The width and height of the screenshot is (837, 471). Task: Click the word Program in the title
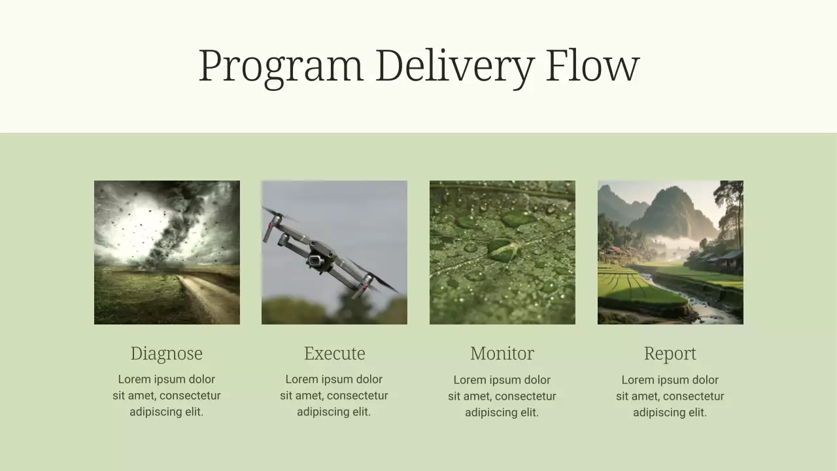pyautogui.click(x=280, y=66)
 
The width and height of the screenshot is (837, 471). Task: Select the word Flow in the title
pyautogui.click(x=592, y=66)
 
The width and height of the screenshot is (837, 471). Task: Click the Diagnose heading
pyautogui.click(x=166, y=353)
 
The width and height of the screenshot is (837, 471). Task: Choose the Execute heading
pyautogui.click(x=334, y=353)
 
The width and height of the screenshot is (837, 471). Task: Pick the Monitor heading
pyautogui.click(x=502, y=353)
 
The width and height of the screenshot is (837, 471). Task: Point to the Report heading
pyautogui.click(x=670, y=353)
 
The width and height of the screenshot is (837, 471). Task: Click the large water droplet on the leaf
pyautogui.click(x=502, y=249)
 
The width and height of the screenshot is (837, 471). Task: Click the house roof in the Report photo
pyautogui.click(x=731, y=254)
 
